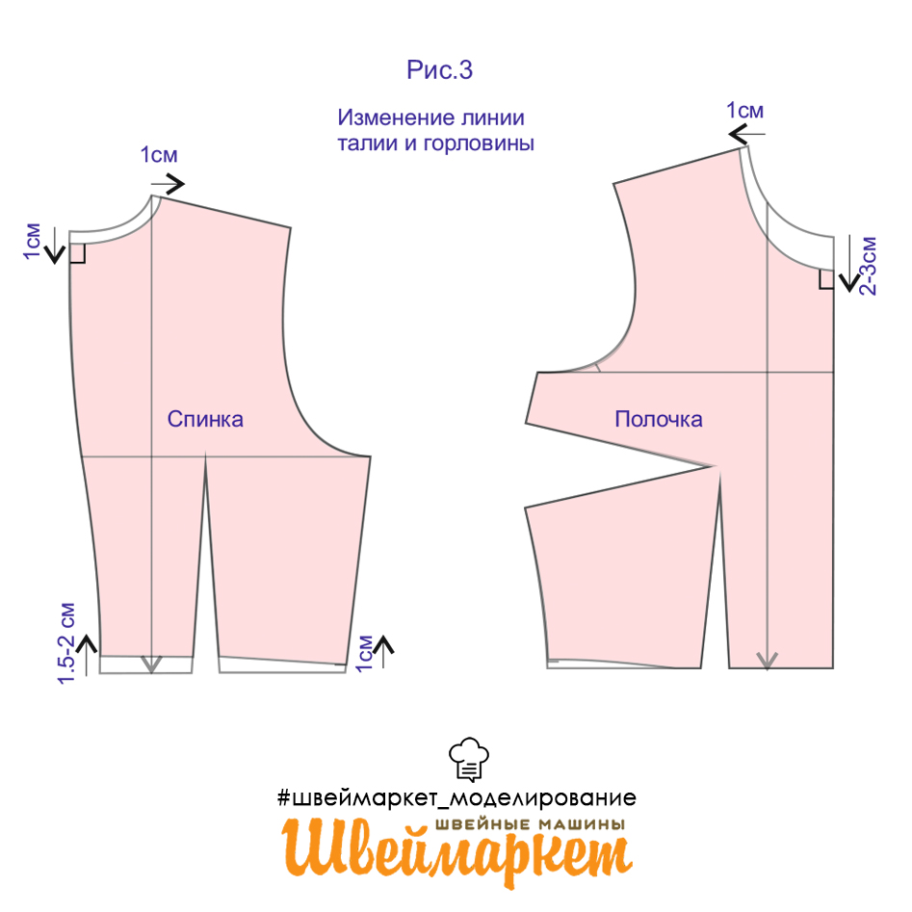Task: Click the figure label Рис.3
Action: [x=440, y=69]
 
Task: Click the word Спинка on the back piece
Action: [x=205, y=419]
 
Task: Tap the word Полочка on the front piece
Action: [x=659, y=419]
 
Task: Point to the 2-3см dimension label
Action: [x=867, y=266]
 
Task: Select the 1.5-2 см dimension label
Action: [x=66, y=643]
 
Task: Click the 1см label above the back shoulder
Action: [x=159, y=155]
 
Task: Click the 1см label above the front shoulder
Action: [x=745, y=111]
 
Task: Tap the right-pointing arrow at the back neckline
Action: [x=169, y=185]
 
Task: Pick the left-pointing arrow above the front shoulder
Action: [x=746, y=135]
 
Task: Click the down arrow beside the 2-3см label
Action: [x=849, y=263]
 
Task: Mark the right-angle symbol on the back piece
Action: [x=77, y=254]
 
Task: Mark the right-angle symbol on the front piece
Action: [x=826, y=279]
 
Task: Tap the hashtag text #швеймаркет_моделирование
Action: [x=457, y=797]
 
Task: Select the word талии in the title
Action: [x=367, y=143]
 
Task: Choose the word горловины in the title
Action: [x=478, y=143]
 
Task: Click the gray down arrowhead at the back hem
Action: [x=151, y=664]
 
